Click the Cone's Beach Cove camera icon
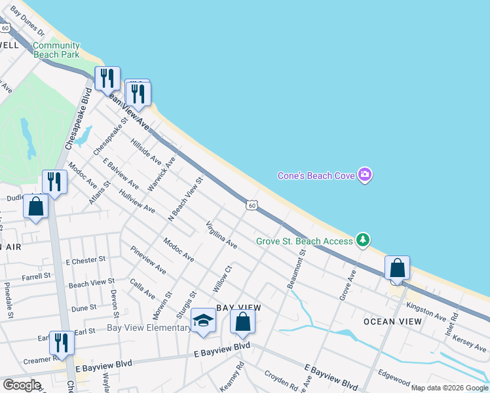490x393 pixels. point(365,175)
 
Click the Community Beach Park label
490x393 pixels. point(56,50)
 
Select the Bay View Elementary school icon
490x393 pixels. point(203,321)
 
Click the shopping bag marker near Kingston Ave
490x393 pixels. point(397,268)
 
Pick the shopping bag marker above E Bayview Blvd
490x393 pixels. point(242,322)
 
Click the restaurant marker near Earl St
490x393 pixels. point(62,342)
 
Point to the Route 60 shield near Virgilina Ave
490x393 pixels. point(252,205)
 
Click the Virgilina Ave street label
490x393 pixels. point(221,234)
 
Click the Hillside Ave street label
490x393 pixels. point(145,151)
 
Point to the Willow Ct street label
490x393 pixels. point(223,278)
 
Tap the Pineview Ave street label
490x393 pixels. point(148,261)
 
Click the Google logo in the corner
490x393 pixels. point(22,384)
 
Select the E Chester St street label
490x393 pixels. point(86,260)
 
